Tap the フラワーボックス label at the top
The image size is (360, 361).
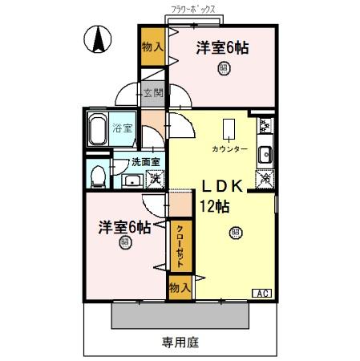195,10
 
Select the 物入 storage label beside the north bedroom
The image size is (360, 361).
152,47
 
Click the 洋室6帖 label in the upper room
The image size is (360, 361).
222,48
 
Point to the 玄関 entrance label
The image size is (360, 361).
153,92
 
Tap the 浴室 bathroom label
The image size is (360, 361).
123,128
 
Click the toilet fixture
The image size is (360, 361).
98,174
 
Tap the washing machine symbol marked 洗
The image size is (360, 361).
150,179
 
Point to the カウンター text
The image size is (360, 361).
230,150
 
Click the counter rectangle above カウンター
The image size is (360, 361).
229,130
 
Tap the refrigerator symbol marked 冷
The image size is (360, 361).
265,180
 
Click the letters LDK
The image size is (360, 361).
215,185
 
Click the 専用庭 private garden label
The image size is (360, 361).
180,342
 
